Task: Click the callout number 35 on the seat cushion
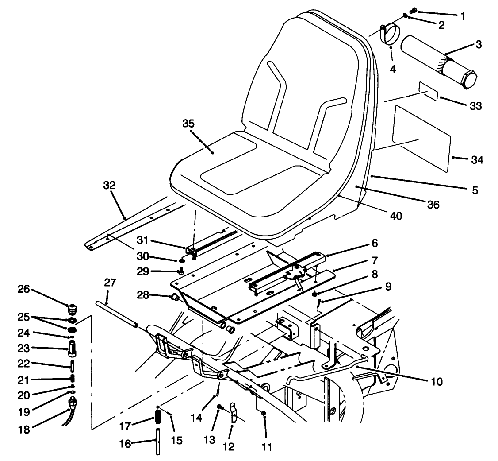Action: tap(188, 124)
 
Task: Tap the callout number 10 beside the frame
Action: tap(437, 380)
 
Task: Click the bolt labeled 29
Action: tap(180, 271)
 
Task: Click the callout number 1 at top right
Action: tap(463, 16)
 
